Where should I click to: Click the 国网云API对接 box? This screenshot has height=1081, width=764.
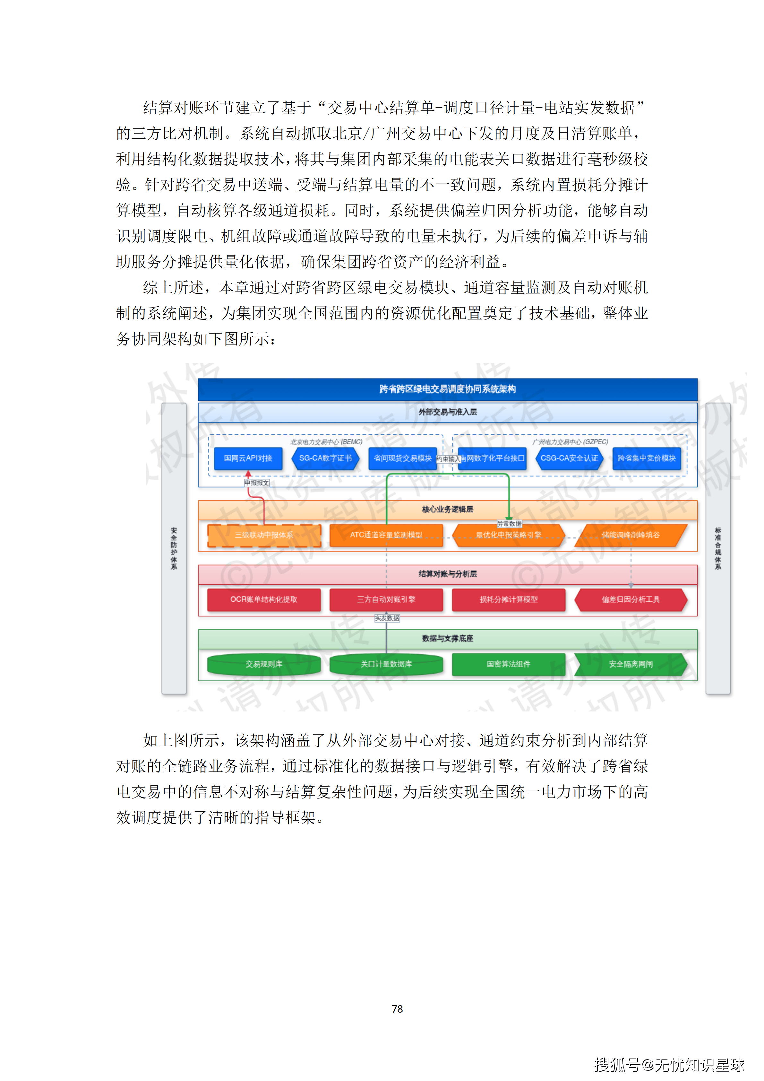pos(248,458)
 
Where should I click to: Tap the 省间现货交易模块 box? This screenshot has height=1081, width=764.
pos(402,458)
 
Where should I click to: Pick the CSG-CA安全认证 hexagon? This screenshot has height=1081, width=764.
pos(569,458)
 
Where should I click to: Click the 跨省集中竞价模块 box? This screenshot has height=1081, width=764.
pos(646,458)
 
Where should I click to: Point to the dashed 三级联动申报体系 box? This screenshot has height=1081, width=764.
pos(264,535)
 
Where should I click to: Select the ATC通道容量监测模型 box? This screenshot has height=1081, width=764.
pos(386,535)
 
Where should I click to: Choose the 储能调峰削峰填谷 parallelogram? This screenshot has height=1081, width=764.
pos(631,535)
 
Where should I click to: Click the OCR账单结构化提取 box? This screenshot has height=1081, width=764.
pos(264,599)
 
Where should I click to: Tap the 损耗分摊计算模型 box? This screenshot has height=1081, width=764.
pos(509,599)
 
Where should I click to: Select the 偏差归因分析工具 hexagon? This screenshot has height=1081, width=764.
pos(631,599)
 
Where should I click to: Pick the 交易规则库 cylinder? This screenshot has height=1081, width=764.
pos(264,664)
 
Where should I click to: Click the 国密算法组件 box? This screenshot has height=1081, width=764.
pos(509,664)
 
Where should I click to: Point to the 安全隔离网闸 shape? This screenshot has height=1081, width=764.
pos(631,664)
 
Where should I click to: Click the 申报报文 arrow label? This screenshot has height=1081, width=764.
pos(256,483)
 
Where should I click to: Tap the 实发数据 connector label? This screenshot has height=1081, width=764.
pos(387,618)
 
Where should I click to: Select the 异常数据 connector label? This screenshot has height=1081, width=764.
pos(510,524)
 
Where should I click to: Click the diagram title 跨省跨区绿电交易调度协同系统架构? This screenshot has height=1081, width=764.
pos(447,389)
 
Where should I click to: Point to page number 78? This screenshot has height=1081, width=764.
pos(397,1008)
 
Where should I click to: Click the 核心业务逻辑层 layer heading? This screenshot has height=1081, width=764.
pos(447,510)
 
